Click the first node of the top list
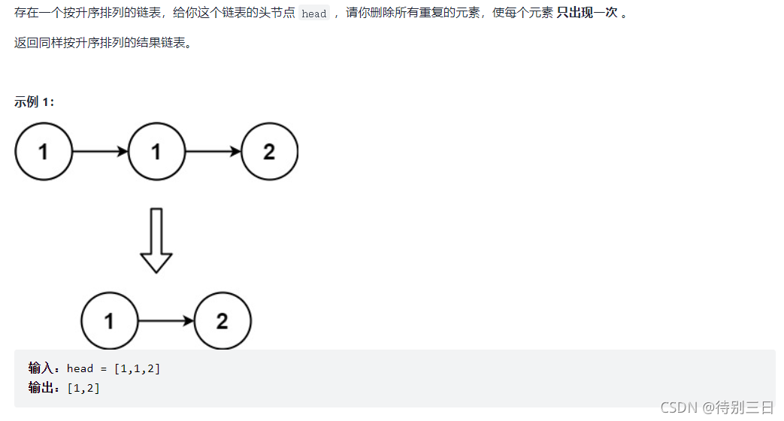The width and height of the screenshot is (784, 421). click(x=44, y=152)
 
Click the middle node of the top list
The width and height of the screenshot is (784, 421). click(x=156, y=152)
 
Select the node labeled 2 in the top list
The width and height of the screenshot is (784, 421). click(x=269, y=152)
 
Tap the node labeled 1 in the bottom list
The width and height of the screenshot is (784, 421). click(x=110, y=321)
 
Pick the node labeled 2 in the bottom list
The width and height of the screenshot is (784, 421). click(x=222, y=321)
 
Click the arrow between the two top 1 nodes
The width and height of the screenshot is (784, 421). click(x=100, y=152)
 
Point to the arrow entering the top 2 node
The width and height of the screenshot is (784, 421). click(x=213, y=152)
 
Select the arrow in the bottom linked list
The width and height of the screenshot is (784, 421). click(x=166, y=321)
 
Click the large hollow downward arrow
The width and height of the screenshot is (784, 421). click(x=156, y=241)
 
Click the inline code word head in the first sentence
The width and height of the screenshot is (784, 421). click(x=314, y=14)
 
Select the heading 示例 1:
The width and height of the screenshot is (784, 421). click(x=35, y=102)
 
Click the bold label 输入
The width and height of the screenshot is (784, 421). click(x=41, y=368)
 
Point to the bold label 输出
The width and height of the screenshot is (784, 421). click(x=41, y=388)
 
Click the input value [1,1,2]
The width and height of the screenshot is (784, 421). click(x=137, y=368)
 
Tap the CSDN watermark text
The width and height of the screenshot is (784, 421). click(x=679, y=407)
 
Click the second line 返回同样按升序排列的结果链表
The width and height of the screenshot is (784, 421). click(x=103, y=43)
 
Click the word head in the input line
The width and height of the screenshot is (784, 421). click(x=80, y=368)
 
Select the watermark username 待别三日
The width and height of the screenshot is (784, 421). click(x=745, y=407)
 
